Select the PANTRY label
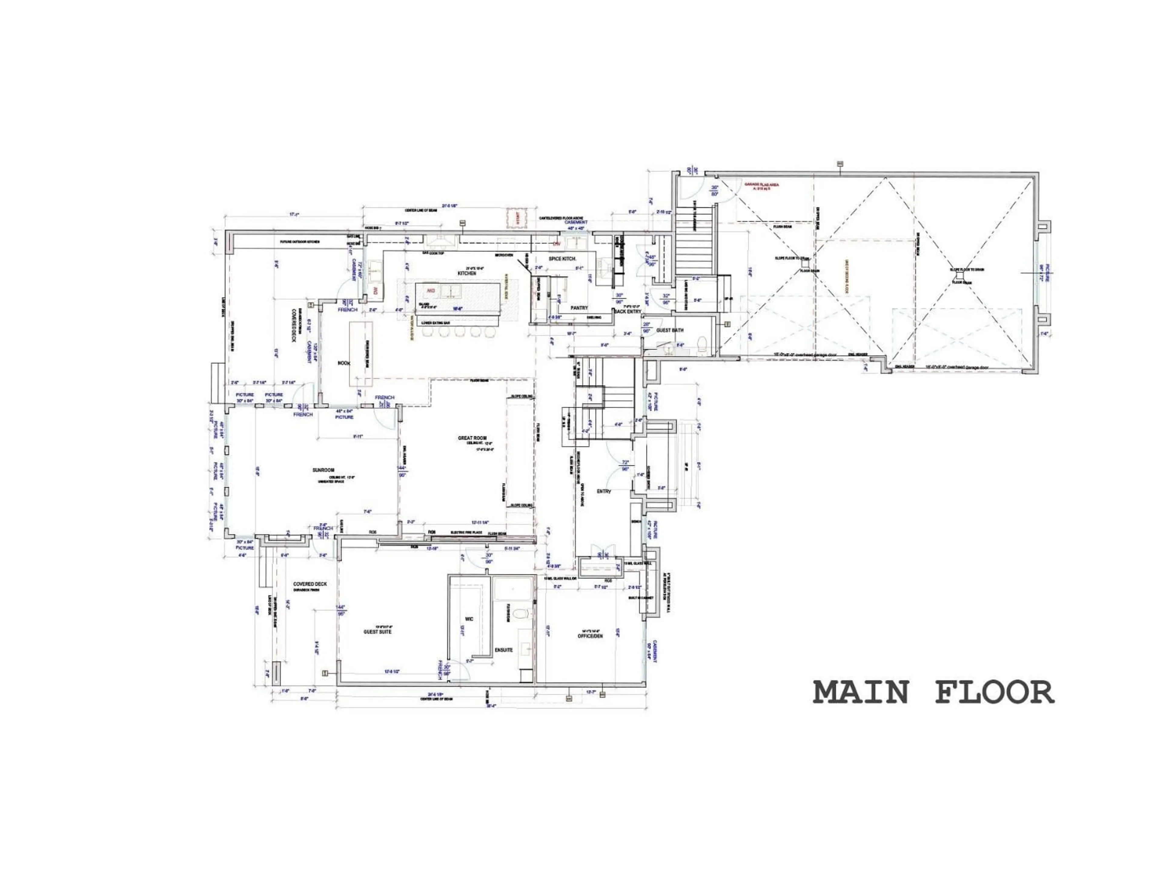pos(579,308)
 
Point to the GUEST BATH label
pos(670,330)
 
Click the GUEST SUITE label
pos(377,632)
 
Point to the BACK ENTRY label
pos(628,312)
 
